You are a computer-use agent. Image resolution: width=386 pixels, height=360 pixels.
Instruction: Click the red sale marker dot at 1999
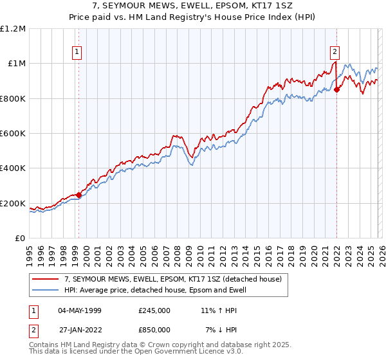(78, 195)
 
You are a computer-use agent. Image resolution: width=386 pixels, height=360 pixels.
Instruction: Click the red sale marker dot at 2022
(336, 90)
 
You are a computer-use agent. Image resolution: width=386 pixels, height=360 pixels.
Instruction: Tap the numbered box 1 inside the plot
(77, 53)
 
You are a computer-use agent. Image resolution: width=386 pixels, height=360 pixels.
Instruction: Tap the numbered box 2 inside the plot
(335, 53)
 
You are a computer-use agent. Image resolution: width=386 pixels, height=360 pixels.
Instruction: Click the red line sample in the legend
(46, 279)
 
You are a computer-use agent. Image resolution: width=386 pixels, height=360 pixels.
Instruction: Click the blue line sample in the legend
(46, 290)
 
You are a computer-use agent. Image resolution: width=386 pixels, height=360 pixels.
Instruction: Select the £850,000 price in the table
(154, 330)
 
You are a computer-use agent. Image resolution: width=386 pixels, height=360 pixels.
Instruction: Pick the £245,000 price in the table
(154, 310)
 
